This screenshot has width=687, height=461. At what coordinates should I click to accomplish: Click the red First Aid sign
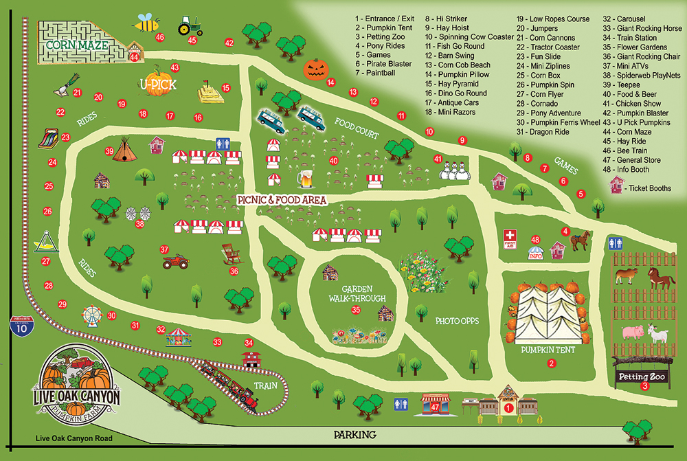(x=510, y=237)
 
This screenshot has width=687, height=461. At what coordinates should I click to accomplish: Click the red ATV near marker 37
(x=174, y=262)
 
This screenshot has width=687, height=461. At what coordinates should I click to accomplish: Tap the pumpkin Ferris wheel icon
(x=91, y=315)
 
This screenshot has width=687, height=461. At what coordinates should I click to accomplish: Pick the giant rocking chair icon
(x=232, y=254)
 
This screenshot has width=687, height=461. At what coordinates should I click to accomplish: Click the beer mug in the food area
(x=304, y=179)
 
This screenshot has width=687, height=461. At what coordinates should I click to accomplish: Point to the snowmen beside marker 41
(x=453, y=168)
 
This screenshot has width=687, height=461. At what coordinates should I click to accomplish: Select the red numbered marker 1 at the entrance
(x=508, y=407)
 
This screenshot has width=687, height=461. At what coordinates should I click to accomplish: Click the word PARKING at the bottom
(x=355, y=434)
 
